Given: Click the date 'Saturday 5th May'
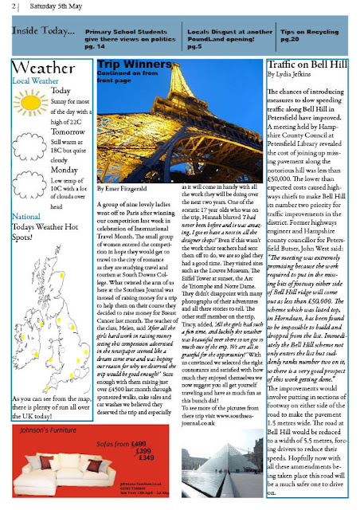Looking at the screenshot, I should [52, 7].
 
